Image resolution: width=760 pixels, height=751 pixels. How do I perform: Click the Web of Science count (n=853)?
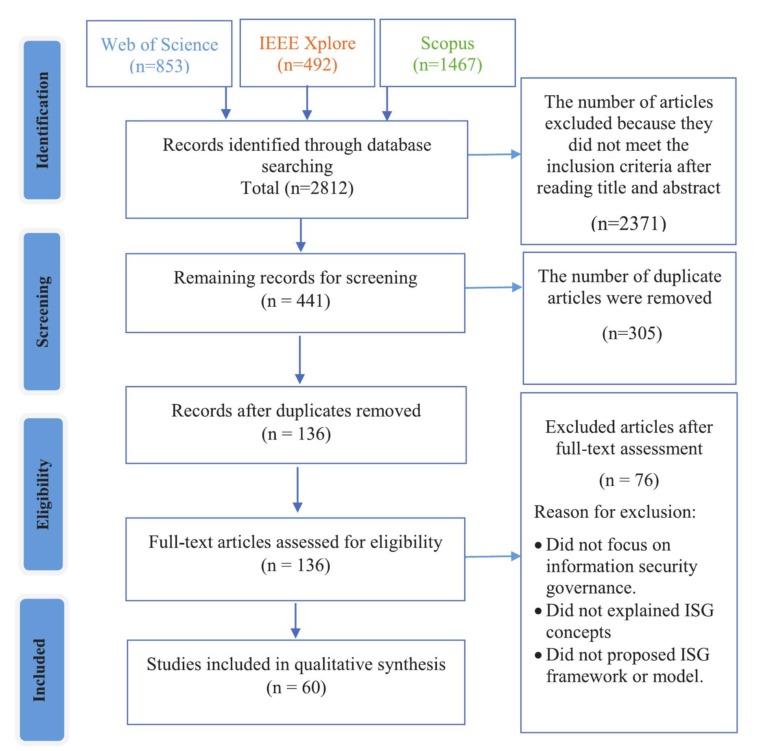pyautogui.click(x=159, y=66)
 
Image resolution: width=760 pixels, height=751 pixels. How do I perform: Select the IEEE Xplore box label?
pyautogui.click(x=307, y=43)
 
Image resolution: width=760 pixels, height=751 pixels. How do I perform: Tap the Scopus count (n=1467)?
pyautogui.click(x=448, y=65)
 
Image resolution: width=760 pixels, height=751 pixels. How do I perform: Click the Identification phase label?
pyautogui.click(x=42, y=120)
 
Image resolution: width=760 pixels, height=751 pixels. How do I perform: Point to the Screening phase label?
pyautogui.click(x=42, y=312)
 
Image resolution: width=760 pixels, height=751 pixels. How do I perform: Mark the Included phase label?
pyautogui.click(x=39, y=670)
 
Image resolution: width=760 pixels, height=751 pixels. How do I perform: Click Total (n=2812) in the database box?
pyautogui.click(x=297, y=188)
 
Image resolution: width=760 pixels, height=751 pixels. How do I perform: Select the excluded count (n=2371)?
pyautogui.click(x=629, y=224)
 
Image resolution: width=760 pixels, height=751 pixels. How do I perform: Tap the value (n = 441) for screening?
pyautogui.click(x=296, y=301)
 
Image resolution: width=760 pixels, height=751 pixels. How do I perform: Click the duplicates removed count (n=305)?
pyautogui.click(x=632, y=333)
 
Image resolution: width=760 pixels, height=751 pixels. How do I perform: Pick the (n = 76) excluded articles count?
pyautogui.click(x=629, y=480)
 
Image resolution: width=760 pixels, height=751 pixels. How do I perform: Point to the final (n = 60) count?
pyautogui.click(x=296, y=687)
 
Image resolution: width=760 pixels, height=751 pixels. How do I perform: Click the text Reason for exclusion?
pyautogui.click(x=615, y=512)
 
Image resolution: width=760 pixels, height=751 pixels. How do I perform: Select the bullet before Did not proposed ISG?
pyautogui.click(x=538, y=655)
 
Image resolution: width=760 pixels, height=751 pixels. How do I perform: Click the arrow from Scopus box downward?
pyautogui.click(x=387, y=106)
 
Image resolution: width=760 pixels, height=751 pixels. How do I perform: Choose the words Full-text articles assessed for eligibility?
pyautogui.click(x=295, y=542)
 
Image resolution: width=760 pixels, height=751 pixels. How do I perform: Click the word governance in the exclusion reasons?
pyautogui.click(x=591, y=588)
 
